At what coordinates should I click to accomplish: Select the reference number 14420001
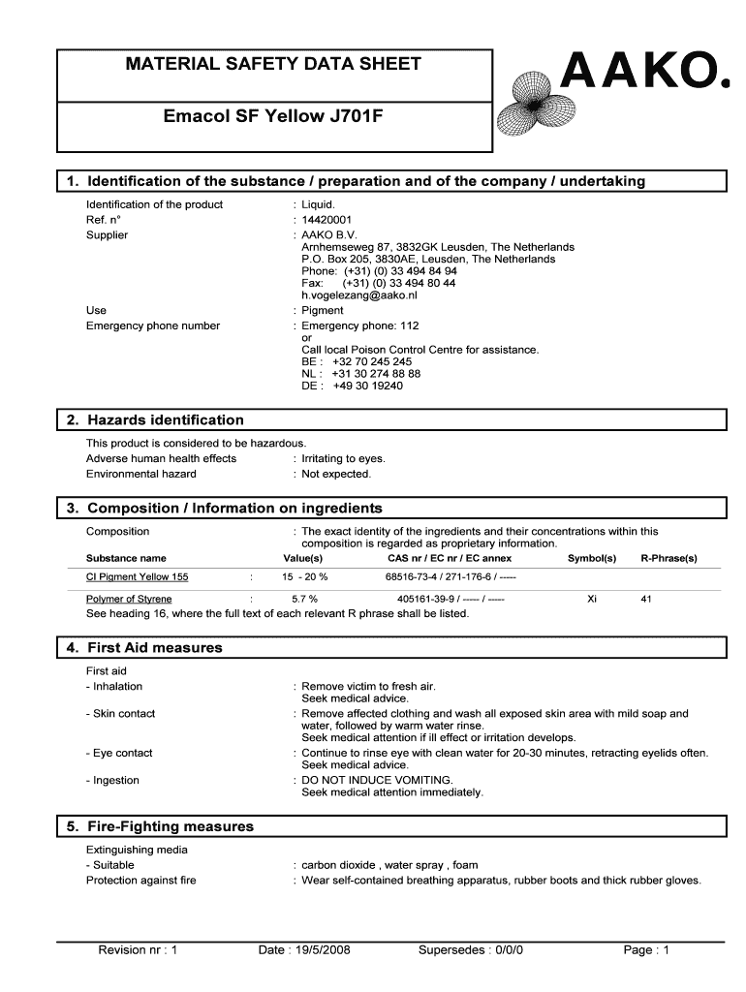pyautogui.click(x=326, y=220)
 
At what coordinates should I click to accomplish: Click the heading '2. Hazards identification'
pyautogui.click(x=166, y=420)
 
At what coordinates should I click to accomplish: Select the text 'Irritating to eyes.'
pyautogui.click(x=343, y=458)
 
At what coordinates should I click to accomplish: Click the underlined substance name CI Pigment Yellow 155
pyautogui.click(x=138, y=577)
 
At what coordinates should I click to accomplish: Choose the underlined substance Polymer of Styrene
pyautogui.click(x=129, y=599)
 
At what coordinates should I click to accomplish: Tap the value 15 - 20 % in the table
pyautogui.click(x=304, y=577)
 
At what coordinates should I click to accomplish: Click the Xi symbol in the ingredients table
pyautogui.click(x=592, y=599)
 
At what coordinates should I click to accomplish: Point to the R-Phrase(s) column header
pyautogui.click(x=668, y=558)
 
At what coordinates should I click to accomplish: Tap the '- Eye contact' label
pyautogui.click(x=119, y=753)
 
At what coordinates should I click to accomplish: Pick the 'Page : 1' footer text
pyautogui.click(x=647, y=950)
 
